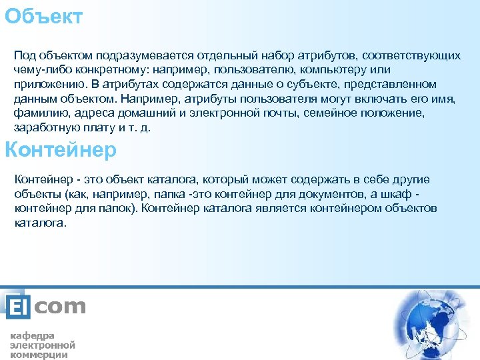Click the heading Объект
click(44, 16)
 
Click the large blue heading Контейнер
click(61, 150)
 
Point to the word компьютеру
click(337, 70)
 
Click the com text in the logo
click(60, 307)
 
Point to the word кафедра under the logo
click(32, 335)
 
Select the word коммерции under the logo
click(39, 355)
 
